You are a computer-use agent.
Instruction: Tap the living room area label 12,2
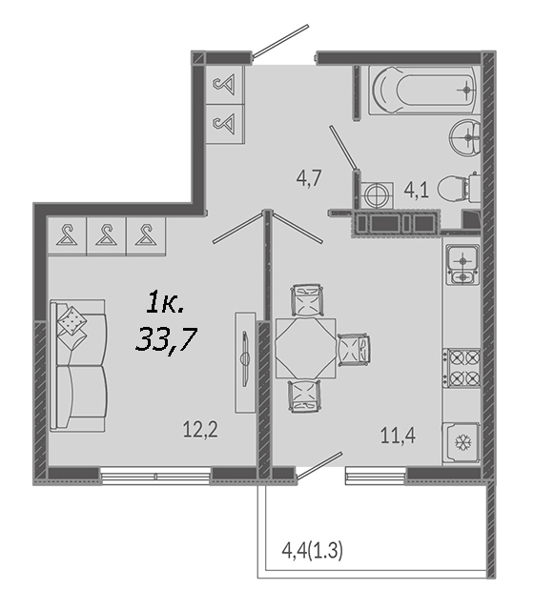[x=200, y=430]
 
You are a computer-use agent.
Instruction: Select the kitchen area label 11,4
[x=398, y=436]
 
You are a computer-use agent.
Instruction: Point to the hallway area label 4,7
[x=309, y=178]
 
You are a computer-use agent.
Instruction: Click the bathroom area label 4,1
[x=417, y=191]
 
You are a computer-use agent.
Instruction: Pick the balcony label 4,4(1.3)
[x=312, y=551]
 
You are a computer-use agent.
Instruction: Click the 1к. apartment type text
[x=165, y=303]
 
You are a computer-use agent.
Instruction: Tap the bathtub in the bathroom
[x=422, y=90]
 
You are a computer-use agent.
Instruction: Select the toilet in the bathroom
[x=459, y=189]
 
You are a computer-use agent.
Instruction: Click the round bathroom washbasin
[x=465, y=137]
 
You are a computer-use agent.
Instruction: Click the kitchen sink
[x=462, y=265]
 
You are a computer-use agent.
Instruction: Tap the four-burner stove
[x=462, y=368]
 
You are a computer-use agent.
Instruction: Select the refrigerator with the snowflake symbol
[x=461, y=442]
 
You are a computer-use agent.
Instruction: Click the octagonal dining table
[x=305, y=348]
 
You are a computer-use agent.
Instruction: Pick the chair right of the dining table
[x=354, y=350]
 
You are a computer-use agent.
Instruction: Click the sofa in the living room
[x=78, y=366]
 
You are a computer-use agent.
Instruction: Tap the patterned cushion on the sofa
[x=72, y=321]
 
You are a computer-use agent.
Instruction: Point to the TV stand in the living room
[x=245, y=362]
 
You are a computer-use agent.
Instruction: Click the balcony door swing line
[x=319, y=465]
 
